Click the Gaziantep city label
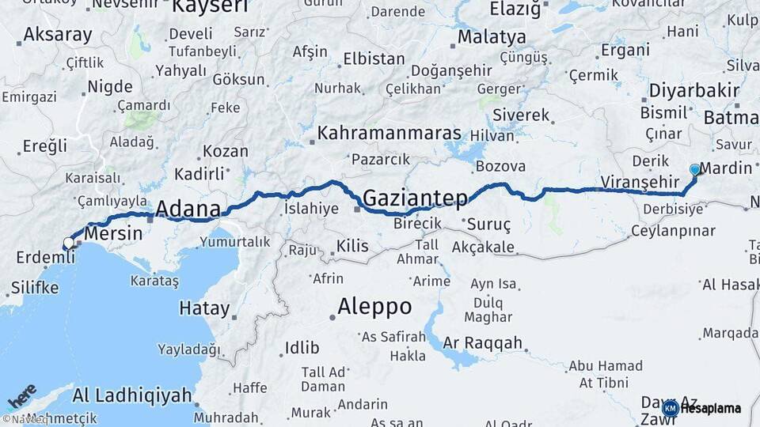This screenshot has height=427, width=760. point(415,198)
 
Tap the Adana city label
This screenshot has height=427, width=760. point(188,209)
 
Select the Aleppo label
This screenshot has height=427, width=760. point(374,306)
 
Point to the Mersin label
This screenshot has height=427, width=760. point(113,233)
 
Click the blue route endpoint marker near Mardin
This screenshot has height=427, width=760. point(695,169)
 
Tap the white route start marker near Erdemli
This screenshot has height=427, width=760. point(69,243)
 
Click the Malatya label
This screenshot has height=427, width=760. point(492,37)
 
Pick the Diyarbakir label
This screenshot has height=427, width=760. point(693,90)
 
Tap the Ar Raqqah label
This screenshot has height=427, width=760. point(483,342)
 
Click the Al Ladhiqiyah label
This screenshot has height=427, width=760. point(132,395)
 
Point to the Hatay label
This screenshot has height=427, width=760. point(204,308)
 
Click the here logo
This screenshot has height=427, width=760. point(21,395)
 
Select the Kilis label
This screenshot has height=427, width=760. point(352,246)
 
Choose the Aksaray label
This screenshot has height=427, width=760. point(58,35)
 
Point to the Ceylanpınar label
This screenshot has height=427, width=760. point(673,231)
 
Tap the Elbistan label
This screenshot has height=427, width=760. point(374,59)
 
